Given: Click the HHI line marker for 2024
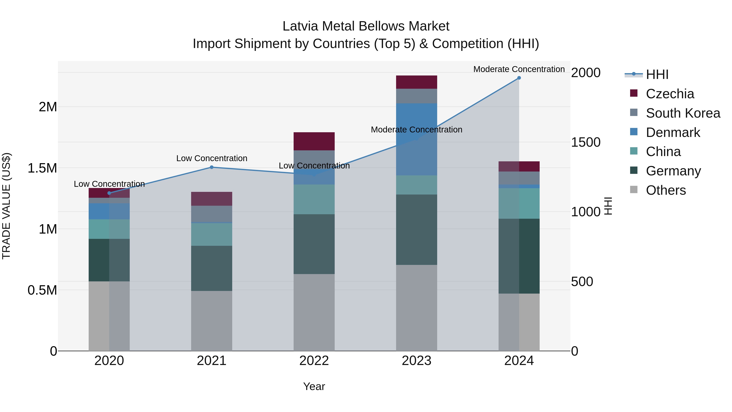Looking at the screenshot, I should point(519,78).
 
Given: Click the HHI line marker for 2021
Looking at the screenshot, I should point(211,167).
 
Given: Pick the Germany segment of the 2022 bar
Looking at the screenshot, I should point(314,244).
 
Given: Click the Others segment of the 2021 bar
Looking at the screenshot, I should point(211,321).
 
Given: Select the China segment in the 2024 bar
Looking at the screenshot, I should point(519,203).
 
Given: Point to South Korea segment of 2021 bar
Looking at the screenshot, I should point(211,214).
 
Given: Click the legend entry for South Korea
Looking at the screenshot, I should point(683,113).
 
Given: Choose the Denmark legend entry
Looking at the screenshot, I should point(673,132).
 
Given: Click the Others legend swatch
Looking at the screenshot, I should point(634,190).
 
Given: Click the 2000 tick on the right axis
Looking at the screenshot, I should point(586,73).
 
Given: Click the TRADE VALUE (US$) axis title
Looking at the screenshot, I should point(6,206).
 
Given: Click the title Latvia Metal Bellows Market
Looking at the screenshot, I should point(366,26).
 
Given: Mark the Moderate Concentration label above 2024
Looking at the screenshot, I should point(519,69).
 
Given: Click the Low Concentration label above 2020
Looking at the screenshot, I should point(109,184).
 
